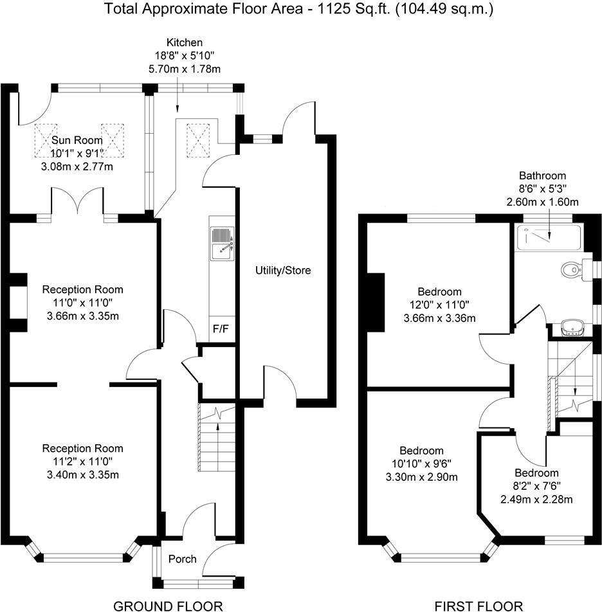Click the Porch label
tap(182, 559)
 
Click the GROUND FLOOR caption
tap(168, 605)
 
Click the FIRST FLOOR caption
tap(479, 605)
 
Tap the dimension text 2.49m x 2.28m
tap(536, 499)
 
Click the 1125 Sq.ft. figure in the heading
tap(343, 9)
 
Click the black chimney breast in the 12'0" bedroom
tap(374, 302)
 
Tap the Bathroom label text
tap(542, 175)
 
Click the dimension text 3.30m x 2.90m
tap(421, 476)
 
